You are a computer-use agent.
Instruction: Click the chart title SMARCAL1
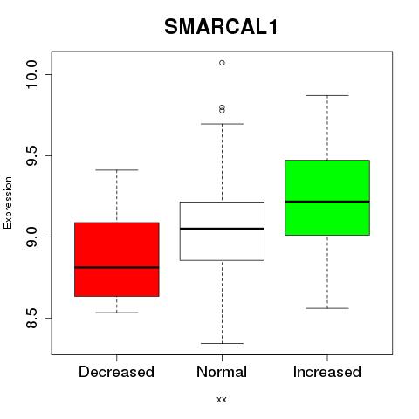point(221,27)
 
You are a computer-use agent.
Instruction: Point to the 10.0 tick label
point(31,74)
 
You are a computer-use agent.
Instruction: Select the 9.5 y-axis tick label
point(31,155)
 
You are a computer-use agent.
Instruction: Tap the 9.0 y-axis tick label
point(31,237)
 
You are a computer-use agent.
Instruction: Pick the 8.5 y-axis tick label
point(31,318)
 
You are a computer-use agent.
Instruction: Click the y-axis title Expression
point(8,203)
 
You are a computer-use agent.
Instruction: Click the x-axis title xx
point(222,399)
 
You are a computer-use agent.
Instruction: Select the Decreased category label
point(116,372)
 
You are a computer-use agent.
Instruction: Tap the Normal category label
point(222,372)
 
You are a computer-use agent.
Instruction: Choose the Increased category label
point(327,372)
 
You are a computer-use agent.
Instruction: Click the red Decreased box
point(117,259)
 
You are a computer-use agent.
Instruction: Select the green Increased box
point(327,197)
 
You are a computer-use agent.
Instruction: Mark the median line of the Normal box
point(222,229)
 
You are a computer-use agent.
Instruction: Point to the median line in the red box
point(117,267)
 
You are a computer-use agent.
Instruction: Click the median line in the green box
point(327,202)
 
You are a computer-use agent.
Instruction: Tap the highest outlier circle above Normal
point(222,63)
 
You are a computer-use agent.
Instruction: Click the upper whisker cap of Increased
point(327,95)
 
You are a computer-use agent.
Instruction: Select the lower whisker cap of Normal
point(222,343)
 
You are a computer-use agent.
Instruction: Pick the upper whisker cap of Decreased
point(117,169)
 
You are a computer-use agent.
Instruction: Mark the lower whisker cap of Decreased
point(117,313)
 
